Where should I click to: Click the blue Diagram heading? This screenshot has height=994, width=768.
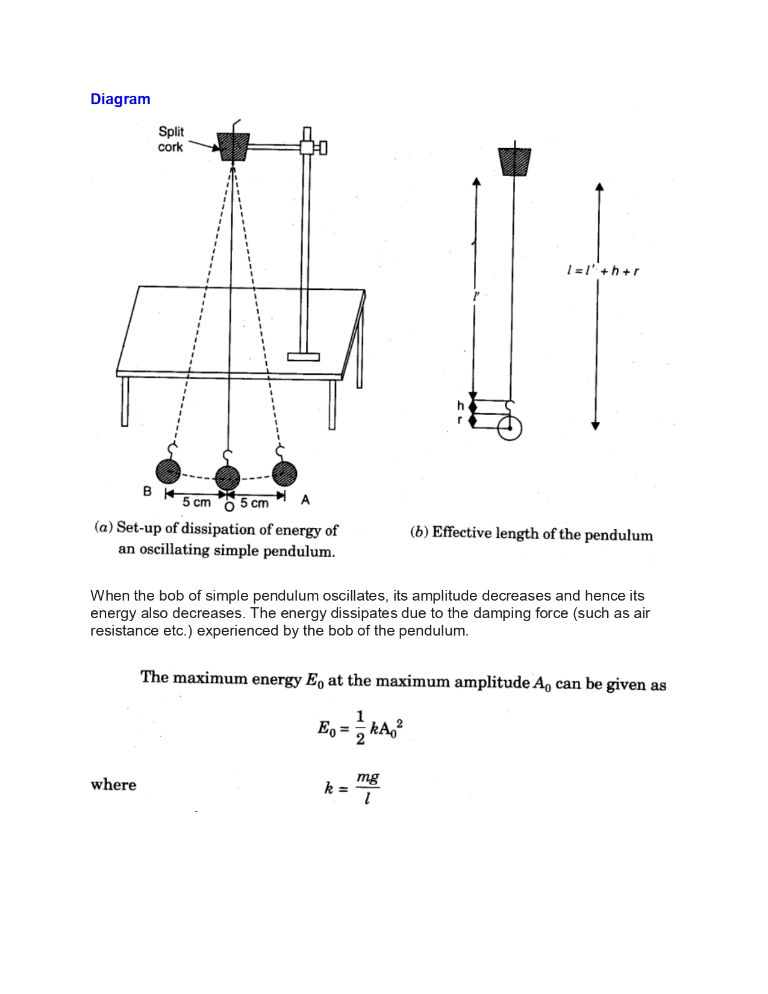pyautogui.click(x=120, y=99)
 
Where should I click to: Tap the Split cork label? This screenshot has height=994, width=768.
pyautogui.click(x=170, y=139)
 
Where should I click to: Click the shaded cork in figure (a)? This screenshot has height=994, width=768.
pyautogui.click(x=233, y=146)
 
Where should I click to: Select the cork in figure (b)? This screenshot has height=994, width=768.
pyautogui.click(x=514, y=161)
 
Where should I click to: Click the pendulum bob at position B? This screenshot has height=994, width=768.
pyautogui.click(x=168, y=471)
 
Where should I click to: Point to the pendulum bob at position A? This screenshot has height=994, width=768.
pyautogui.click(x=284, y=474)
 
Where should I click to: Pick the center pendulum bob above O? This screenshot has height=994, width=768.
pyautogui.click(x=228, y=478)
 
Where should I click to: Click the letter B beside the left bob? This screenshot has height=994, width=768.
pyautogui.click(x=147, y=491)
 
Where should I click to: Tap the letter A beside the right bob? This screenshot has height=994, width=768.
pyautogui.click(x=305, y=500)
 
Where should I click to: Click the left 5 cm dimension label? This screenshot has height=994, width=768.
pyautogui.click(x=196, y=502)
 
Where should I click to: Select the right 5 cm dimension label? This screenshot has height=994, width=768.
pyautogui.click(x=254, y=503)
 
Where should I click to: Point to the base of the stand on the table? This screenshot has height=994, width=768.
pyautogui.click(x=304, y=357)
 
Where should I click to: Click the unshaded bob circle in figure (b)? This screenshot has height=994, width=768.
pyautogui.click(x=510, y=428)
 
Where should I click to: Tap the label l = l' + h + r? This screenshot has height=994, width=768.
pyautogui.click(x=602, y=271)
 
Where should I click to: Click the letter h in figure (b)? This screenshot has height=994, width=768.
pyautogui.click(x=460, y=406)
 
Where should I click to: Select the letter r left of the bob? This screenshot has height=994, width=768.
pyautogui.click(x=460, y=420)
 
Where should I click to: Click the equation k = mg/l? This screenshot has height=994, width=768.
pyautogui.click(x=352, y=788)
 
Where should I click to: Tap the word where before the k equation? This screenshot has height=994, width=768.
pyautogui.click(x=113, y=785)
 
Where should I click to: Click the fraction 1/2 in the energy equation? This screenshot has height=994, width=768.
pyautogui.click(x=360, y=728)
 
